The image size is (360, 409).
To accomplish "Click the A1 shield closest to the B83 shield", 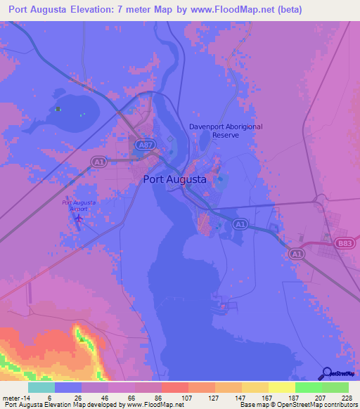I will [296, 254].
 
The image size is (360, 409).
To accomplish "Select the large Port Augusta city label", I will [175, 179].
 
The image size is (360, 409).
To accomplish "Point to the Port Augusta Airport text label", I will [79, 206].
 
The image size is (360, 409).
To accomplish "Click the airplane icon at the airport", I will [78, 219].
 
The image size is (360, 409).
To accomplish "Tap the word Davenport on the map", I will [210, 127].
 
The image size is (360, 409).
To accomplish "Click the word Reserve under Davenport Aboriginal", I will [226, 135].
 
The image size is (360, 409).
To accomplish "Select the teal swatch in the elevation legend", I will [41, 387].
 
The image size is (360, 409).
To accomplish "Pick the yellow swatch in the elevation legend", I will [281, 387].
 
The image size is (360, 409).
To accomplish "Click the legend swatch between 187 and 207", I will [308, 387].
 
